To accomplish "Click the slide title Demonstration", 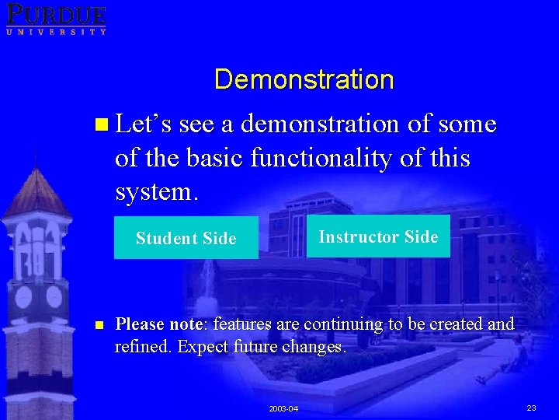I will pyautogui.click(x=304, y=79).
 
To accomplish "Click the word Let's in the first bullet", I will pyautogui.click(x=144, y=124).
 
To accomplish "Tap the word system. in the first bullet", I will pyautogui.click(x=156, y=191).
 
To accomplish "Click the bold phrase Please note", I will pyautogui.click(x=159, y=324).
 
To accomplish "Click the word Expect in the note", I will pyautogui.click(x=204, y=347).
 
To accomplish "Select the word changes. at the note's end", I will pyautogui.click(x=314, y=347).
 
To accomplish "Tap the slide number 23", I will pyautogui.click(x=531, y=408).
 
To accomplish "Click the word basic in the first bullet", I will pyautogui.click(x=219, y=158).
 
